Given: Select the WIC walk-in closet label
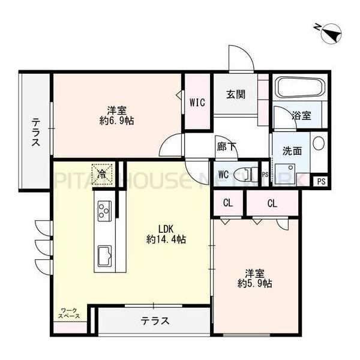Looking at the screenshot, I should tap(198, 103).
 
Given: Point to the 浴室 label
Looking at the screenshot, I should tap(301, 116).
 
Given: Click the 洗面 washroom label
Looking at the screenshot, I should tap(292, 151).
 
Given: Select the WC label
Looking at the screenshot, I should tap(223, 175).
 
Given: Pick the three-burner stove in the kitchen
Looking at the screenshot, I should tap(104, 211).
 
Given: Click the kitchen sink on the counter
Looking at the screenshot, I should tap(104, 255).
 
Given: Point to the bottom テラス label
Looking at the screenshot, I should tap(155, 322).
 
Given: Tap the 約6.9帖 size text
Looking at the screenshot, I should tap(117, 121).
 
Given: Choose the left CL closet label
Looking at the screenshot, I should tap(228, 203).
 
